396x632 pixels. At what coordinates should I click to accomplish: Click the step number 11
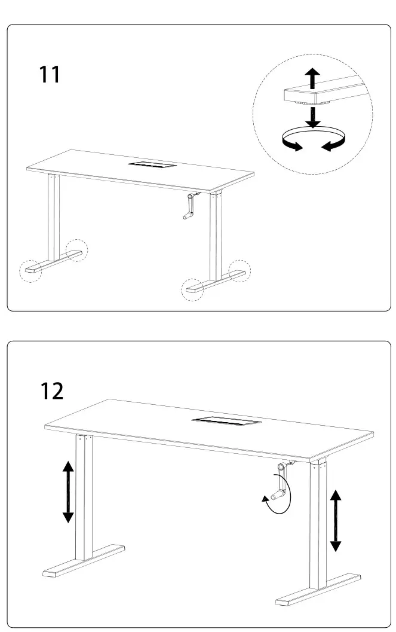point(50,75)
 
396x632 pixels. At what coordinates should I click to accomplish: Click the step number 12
point(51,390)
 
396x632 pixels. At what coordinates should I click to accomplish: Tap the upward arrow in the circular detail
point(312,78)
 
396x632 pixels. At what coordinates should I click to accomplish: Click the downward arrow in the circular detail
point(312,117)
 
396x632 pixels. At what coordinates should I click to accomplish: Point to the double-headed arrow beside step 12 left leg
point(68,491)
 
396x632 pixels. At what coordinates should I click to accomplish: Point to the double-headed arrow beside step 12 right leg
point(336,520)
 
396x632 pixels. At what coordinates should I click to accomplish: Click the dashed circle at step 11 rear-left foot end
point(76,250)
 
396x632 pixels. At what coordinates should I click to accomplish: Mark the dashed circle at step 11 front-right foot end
point(192,289)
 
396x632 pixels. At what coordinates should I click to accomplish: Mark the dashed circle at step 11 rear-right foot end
point(240,270)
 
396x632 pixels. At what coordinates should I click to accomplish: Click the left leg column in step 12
point(84,496)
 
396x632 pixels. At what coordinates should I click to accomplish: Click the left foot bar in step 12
point(84,561)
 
